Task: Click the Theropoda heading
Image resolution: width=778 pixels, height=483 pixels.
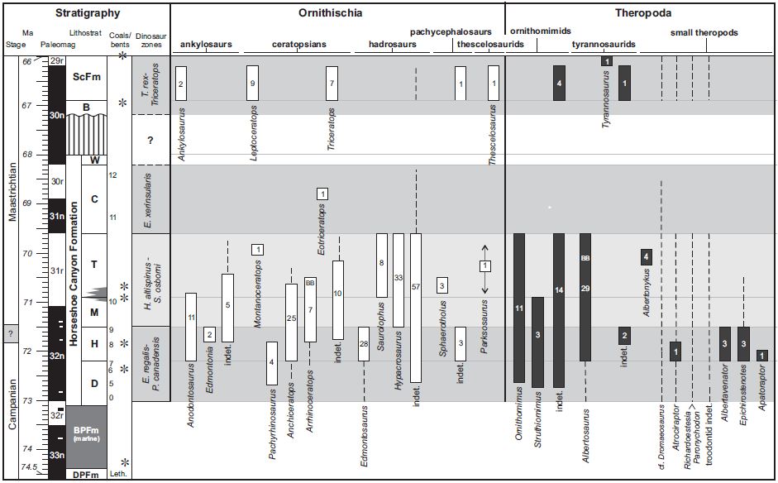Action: click(x=642, y=13)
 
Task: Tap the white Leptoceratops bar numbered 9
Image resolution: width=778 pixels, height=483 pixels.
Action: click(x=252, y=83)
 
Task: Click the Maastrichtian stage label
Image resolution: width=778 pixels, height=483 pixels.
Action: click(x=12, y=184)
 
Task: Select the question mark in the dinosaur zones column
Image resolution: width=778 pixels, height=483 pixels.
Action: click(x=150, y=141)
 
